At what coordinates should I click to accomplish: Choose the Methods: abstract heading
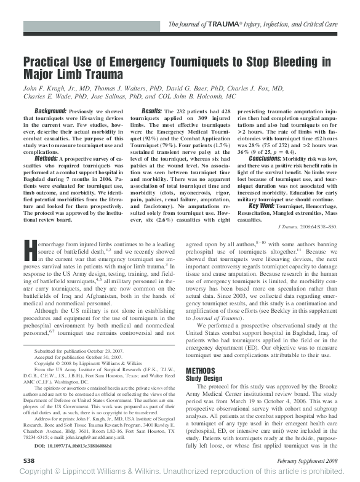(47, 158)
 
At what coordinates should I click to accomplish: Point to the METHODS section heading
(201, 371)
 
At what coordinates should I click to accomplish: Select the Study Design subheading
(206, 379)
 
